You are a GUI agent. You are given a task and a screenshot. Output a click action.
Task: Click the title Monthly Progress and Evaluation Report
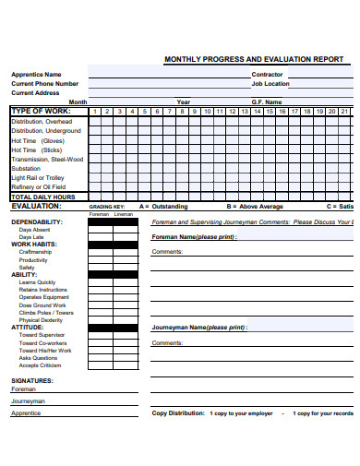click(x=253, y=59)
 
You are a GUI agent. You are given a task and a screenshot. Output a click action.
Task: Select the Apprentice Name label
click(x=36, y=74)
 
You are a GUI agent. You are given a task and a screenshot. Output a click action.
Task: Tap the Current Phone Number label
click(x=51, y=83)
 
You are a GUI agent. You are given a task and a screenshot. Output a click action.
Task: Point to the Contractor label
click(x=267, y=74)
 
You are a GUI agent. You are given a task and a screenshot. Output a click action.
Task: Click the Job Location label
click(x=270, y=83)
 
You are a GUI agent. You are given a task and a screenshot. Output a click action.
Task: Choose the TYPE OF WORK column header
click(x=42, y=111)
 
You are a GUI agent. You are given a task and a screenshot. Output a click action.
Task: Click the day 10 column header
click(x=208, y=111)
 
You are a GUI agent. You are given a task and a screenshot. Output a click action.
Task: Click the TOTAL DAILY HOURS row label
click(x=42, y=197)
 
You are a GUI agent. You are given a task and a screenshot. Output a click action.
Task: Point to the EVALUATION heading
click(x=36, y=207)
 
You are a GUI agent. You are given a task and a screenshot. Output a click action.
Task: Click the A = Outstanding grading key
click(x=162, y=207)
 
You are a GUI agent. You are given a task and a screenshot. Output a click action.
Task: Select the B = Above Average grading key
click(x=255, y=207)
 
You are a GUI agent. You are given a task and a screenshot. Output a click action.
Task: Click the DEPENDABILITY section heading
click(x=37, y=222)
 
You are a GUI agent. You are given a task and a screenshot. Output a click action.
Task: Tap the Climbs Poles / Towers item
click(x=46, y=312)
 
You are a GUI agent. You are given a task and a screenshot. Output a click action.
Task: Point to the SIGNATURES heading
click(x=32, y=380)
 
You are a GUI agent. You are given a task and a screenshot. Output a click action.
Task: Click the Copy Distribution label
click(x=178, y=413)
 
